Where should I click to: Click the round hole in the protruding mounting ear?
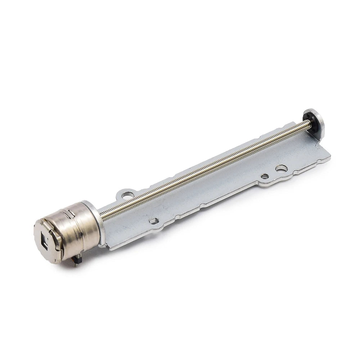coord(126,195)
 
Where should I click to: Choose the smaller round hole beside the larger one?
coord(265,176)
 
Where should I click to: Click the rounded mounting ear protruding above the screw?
coord(125,194)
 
